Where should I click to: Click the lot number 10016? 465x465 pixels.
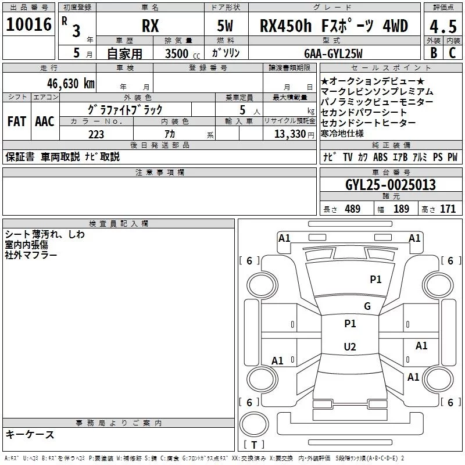tap(28, 24)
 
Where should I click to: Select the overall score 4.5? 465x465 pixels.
tap(443, 26)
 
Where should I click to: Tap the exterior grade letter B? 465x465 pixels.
tap(434, 53)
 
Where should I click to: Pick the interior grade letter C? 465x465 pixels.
tap(452, 53)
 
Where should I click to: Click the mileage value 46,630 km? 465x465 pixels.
tap(71, 84)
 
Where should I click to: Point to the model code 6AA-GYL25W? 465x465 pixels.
tap(333, 53)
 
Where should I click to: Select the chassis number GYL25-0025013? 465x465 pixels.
tap(391, 185)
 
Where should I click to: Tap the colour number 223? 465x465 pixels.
tap(96, 134)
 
